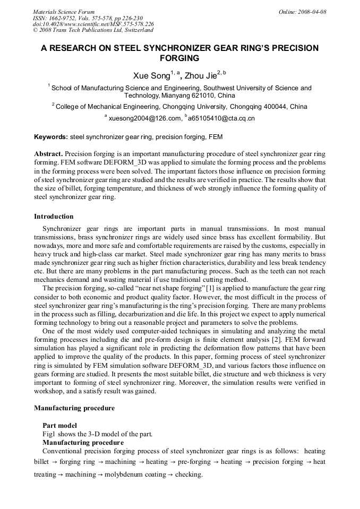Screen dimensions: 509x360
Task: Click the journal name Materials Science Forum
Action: (x=64, y=12)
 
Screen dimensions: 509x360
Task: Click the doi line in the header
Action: (x=93, y=24)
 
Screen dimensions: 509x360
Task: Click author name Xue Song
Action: (x=151, y=76)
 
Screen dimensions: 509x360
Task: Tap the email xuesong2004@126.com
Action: (x=145, y=118)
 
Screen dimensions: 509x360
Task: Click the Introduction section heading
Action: (x=54, y=217)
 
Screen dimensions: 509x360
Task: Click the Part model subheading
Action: (x=59, y=426)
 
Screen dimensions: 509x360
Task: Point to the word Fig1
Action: (x=49, y=434)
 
